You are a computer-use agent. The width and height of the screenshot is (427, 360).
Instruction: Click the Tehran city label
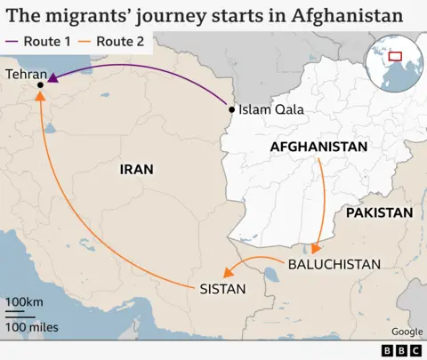(26, 75)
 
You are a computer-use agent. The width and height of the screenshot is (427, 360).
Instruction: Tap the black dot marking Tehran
(40, 85)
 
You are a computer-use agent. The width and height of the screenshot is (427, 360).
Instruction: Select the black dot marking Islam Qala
(231, 109)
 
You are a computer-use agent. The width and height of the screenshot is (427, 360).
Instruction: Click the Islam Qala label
(271, 109)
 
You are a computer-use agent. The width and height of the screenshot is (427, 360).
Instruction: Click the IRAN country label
(136, 169)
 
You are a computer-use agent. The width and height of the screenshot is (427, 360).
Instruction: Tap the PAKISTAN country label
(379, 213)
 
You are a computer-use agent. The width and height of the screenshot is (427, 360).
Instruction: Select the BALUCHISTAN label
(334, 264)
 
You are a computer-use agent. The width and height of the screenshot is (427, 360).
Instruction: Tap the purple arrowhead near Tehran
(52, 80)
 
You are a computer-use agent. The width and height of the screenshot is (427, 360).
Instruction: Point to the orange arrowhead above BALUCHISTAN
(318, 248)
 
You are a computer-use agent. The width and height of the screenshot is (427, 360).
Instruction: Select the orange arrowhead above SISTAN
(229, 273)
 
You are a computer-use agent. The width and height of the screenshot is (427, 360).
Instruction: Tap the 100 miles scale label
(32, 327)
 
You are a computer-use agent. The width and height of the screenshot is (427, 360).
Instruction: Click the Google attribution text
(407, 332)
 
